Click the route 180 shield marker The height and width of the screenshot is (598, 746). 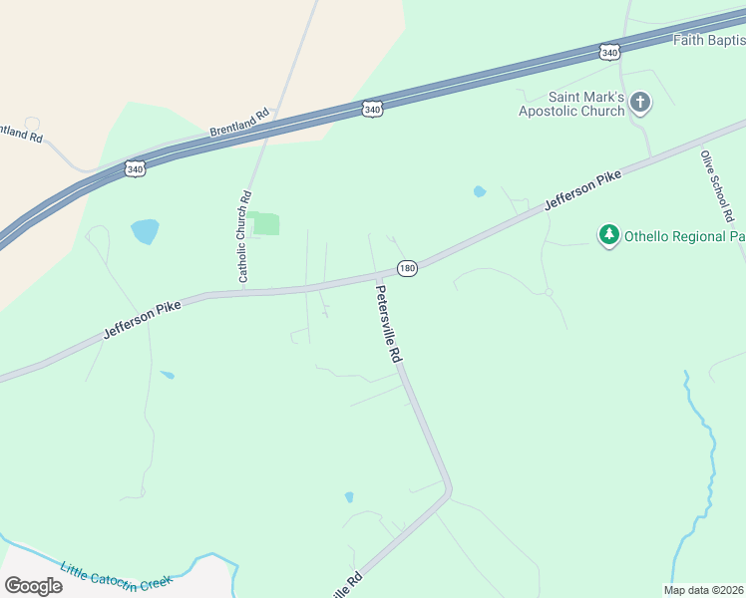coord(407,268)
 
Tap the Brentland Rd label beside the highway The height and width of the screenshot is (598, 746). coord(240,124)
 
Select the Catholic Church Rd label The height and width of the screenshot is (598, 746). coord(244,236)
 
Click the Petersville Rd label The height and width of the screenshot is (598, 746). coord(388,324)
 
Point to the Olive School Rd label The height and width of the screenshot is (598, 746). coord(717,186)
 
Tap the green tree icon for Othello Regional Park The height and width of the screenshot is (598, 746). coord(608,235)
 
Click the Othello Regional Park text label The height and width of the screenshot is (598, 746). coord(684,237)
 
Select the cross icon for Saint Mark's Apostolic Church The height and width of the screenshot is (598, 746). coord(639,103)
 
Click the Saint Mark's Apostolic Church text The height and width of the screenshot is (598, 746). coord(571,104)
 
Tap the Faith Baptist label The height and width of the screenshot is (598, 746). coord(709,40)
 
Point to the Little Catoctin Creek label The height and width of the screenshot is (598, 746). coord(116,577)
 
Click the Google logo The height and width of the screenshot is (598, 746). coord(33,585)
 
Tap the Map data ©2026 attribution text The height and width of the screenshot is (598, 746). coord(704,590)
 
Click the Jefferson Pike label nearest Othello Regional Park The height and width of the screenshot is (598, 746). coord(582,189)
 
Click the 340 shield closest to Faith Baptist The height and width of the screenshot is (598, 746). coord(609,51)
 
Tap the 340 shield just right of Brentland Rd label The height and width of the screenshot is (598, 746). coord(372,109)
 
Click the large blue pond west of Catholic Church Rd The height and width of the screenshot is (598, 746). coord(145,231)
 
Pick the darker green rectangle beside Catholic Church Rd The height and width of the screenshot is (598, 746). coord(265,223)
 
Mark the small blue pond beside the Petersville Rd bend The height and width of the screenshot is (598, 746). coord(349,496)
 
